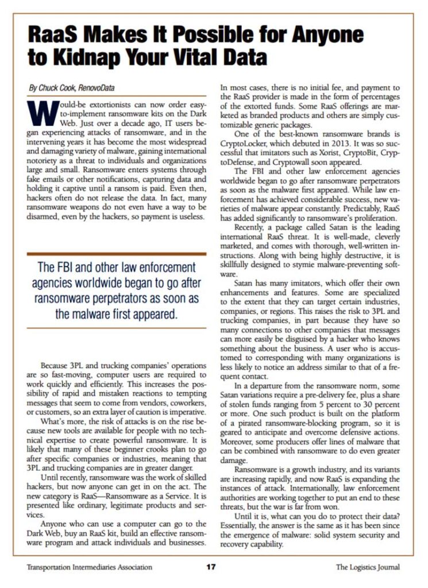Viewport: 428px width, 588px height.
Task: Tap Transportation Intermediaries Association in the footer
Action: coord(90,567)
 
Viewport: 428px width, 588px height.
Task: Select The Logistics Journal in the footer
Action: coord(368,567)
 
